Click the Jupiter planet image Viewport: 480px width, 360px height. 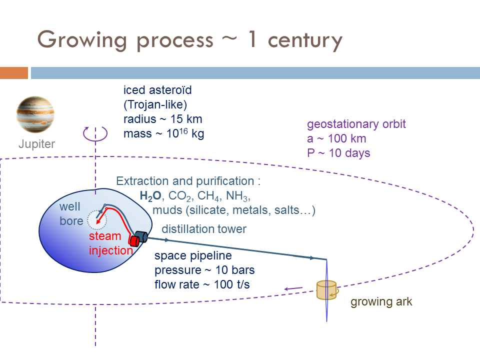[x=35, y=114]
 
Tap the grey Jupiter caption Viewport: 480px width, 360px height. [x=37, y=144]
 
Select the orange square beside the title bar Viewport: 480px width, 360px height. [x=13, y=73]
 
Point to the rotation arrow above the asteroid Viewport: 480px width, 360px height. [x=95, y=133]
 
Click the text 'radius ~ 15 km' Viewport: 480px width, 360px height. [x=162, y=119]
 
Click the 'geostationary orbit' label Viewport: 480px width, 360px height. [x=356, y=124]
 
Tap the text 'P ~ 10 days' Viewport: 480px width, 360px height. [x=338, y=153]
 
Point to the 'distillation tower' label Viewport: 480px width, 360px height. [x=203, y=229]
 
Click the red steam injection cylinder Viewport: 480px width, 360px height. [x=134, y=240]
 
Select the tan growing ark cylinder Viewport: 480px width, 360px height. [x=326, y=290]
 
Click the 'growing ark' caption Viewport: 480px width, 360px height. [x=381, y=302]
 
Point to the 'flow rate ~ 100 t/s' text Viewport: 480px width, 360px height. [x=202, y=284]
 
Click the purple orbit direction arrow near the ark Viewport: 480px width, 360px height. [x=293, y=288]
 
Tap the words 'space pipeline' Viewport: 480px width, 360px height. [x=193, y=256]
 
